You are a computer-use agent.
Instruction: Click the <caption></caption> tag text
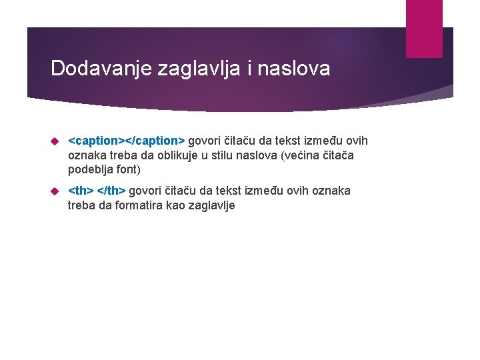pyautogui.click(x=127, y=141)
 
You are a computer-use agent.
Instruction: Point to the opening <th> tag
pyautogui.click(x=81, y=191)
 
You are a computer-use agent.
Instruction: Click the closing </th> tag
pyautogui.click(x=112, y=191)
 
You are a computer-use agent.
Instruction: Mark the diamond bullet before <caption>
pyautogui.click(x=55, y=141)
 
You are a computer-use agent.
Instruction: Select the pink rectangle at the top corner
pyautogui.click(x=424, y=28)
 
